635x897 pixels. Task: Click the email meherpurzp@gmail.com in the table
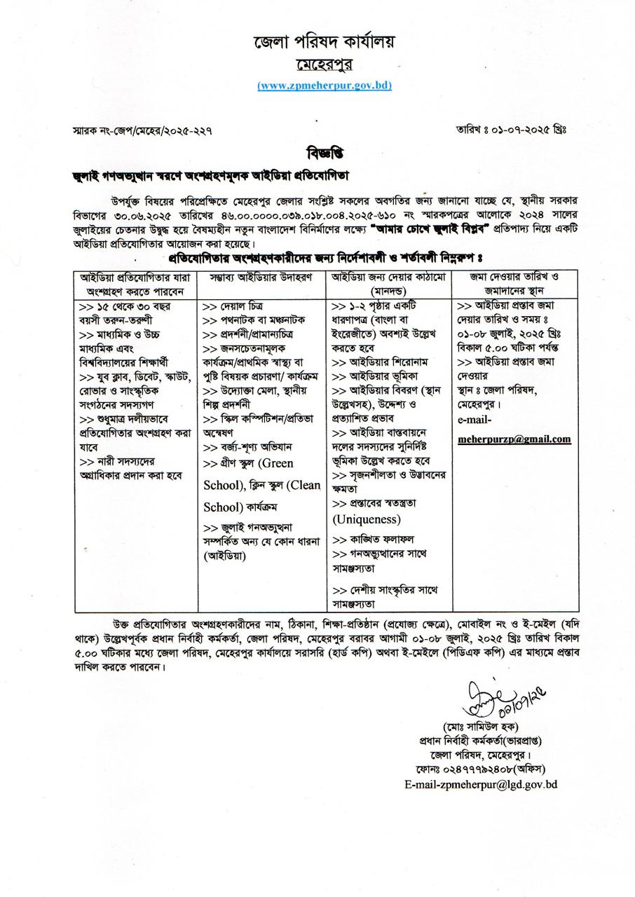click(x=514, y=439)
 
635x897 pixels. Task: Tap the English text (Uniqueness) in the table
click(x=367, y=520)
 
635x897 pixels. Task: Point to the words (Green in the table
click(x=277, y=464)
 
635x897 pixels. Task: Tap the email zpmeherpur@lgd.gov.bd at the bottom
click(x=481, y=785)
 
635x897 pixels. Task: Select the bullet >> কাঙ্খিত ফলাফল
click(x=372, y=540)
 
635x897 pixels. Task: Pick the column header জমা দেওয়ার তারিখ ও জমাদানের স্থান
click(x=514, y=282)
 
